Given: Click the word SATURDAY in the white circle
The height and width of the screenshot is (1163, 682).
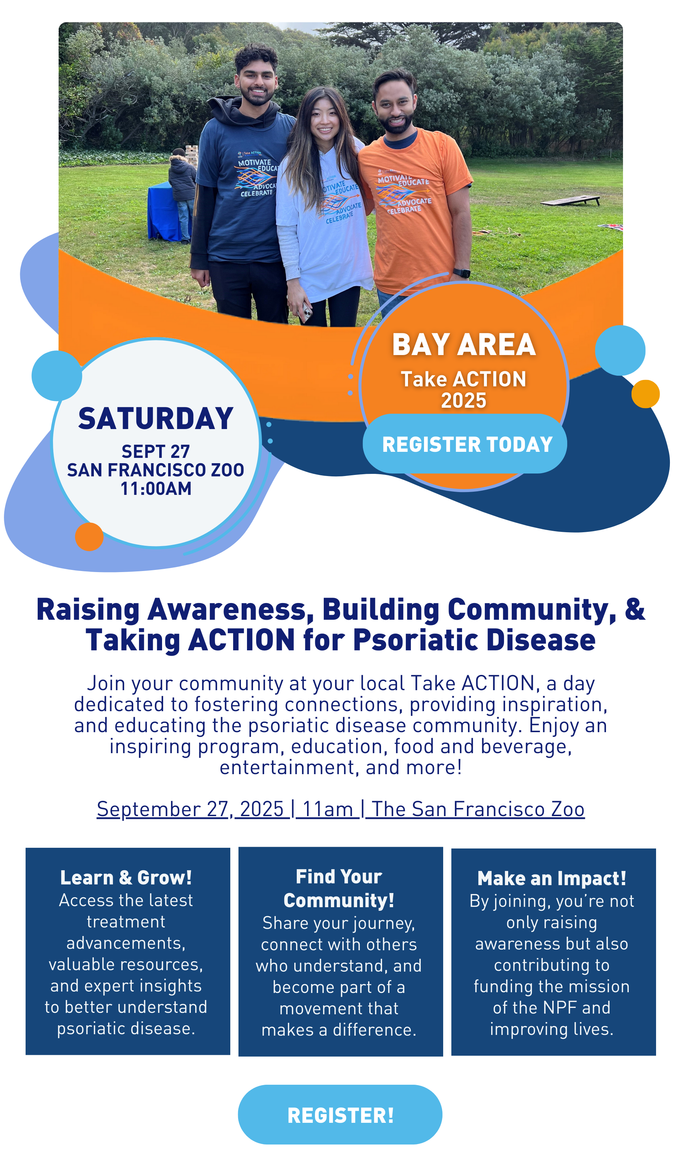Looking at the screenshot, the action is tap(156, 419).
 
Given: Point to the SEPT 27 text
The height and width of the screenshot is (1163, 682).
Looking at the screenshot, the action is tap(156, 451).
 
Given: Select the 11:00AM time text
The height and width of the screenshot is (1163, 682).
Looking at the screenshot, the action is tap(156, 489).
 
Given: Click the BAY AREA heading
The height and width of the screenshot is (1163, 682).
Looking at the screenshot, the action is tap(464, 344).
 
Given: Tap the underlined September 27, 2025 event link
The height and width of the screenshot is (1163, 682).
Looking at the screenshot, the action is tap(341, 809).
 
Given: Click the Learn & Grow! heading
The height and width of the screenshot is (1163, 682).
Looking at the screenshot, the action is tap(126, 878).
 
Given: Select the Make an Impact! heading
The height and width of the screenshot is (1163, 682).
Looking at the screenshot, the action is tap(552, 879).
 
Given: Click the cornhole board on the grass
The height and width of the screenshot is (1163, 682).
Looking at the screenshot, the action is tap(571, 201).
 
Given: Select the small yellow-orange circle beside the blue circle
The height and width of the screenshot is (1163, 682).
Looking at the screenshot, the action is tap(645, 394).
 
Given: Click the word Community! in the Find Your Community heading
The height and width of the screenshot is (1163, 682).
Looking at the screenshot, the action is tap(339, 900).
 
